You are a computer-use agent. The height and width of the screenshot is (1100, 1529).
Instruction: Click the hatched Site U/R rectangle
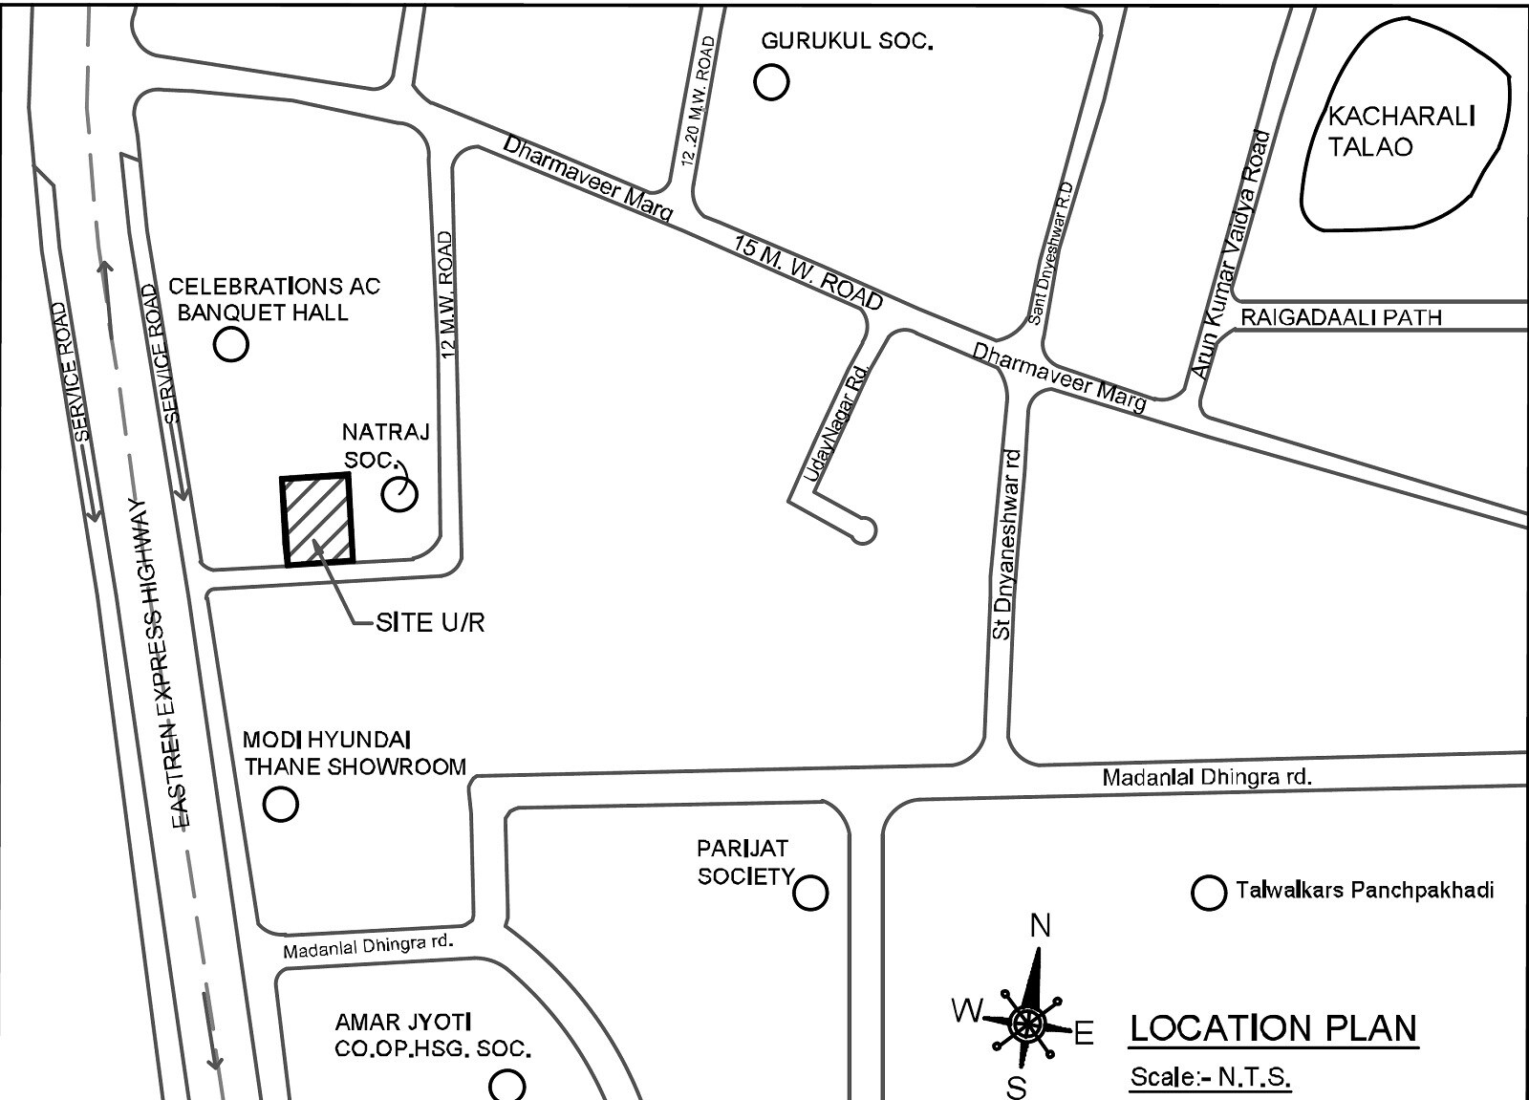(x=317, y=519)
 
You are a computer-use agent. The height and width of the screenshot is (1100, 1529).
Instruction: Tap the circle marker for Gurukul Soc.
(x=771, y=82)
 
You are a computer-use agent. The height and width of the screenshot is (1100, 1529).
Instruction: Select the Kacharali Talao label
(x=1401, y=132)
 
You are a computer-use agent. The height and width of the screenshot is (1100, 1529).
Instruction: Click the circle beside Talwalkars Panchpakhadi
(x=1209, y=893)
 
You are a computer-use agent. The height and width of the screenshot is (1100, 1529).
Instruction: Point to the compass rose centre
(x=1026, y=1024)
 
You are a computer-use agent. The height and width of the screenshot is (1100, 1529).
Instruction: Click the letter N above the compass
(x=1040, y=925)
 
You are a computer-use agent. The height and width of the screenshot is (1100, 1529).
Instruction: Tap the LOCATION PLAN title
(x=1273, y=1029)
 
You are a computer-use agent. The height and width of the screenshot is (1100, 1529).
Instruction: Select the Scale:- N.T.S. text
(x=1210, y=1077)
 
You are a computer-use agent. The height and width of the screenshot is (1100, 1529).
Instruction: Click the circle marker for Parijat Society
(x=810, y=893)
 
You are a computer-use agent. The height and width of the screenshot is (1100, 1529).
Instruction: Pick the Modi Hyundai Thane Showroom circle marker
(x=281, y=804)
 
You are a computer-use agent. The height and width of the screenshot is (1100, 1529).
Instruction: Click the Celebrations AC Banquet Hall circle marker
(x=230, y=344)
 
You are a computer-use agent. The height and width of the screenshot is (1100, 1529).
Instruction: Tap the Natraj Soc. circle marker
(x=399, y=494)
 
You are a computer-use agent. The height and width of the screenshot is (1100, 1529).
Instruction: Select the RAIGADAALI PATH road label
(x=1340, y=316)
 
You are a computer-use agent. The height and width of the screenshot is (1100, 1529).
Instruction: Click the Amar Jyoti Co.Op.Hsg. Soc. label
(x=432, y=1036)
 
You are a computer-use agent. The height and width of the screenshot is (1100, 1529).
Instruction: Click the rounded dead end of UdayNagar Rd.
(x=864, y=530)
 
